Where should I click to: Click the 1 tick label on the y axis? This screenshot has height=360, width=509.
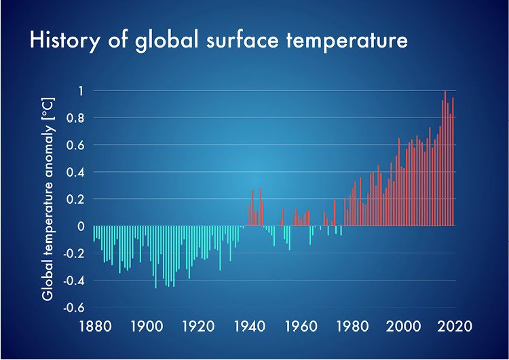pyautogui.click(x=80, y=91)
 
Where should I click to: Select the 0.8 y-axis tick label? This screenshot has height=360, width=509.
pyautogui.click(x=75, y=118)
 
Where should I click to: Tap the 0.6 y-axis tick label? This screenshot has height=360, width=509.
pyautogui.click(x=75, y=145)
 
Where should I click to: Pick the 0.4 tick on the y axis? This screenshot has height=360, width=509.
pyautogui.click(x=75, y=172)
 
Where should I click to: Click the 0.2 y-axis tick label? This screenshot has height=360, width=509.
pyautogui.click(x=75, y=199)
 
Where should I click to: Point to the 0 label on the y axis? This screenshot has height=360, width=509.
pyautogui.click(x=80, y=226)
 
